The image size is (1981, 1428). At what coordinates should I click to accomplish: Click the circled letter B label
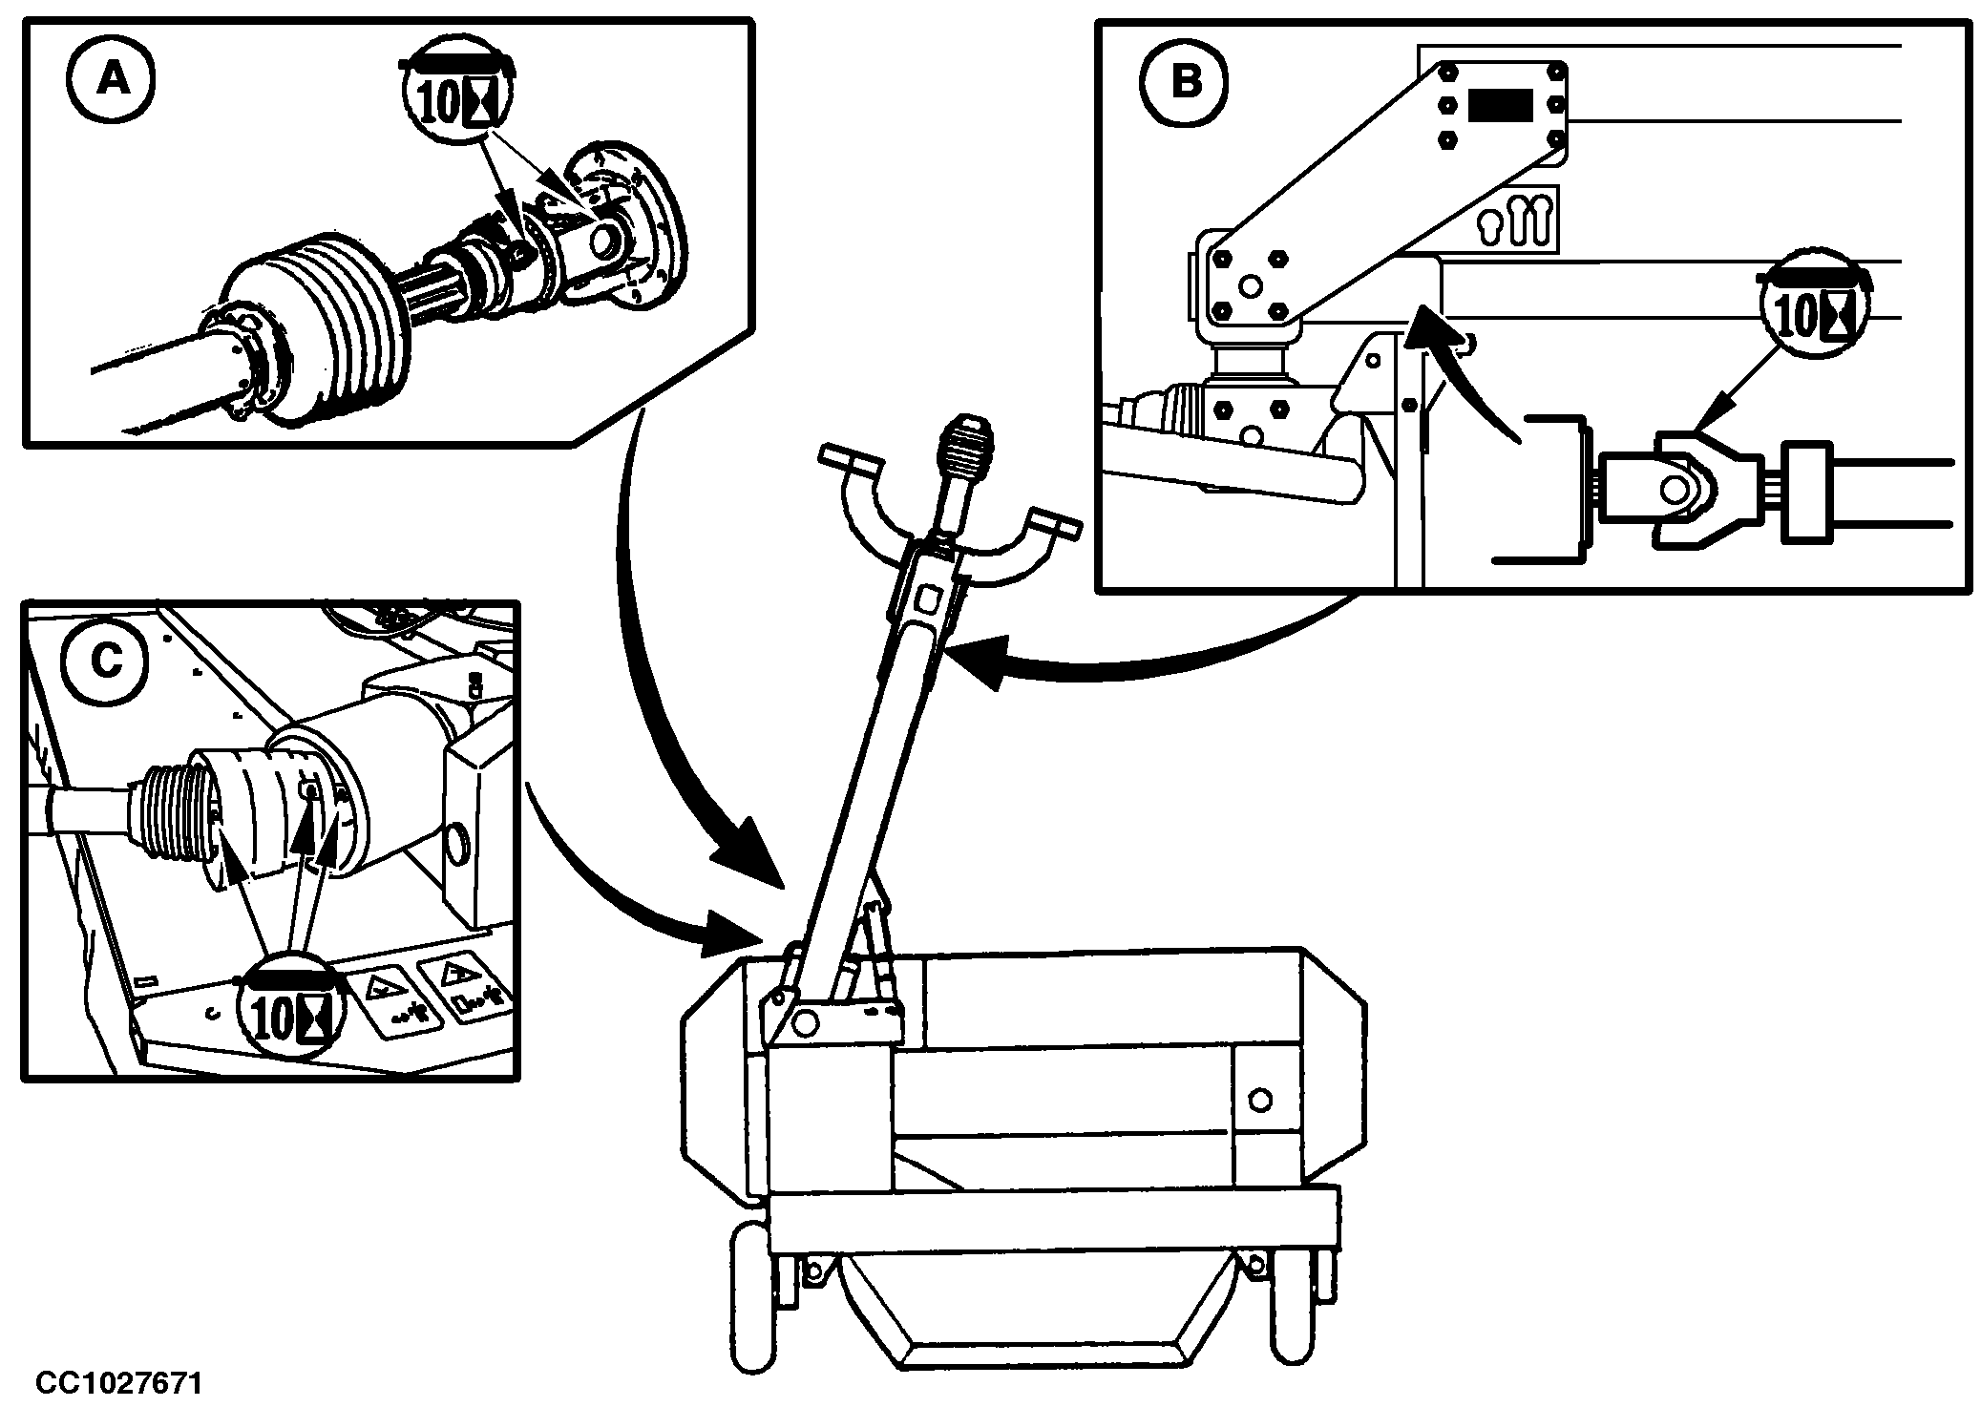tap(1185, 82)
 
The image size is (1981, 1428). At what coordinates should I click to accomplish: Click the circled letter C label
tap(106, 661)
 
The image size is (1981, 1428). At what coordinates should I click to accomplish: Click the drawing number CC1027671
tap(119, 1382)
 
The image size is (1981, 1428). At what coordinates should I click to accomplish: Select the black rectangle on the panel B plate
tap(1500, 105)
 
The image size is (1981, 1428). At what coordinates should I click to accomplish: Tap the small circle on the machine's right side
tap(1259, 1100)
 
